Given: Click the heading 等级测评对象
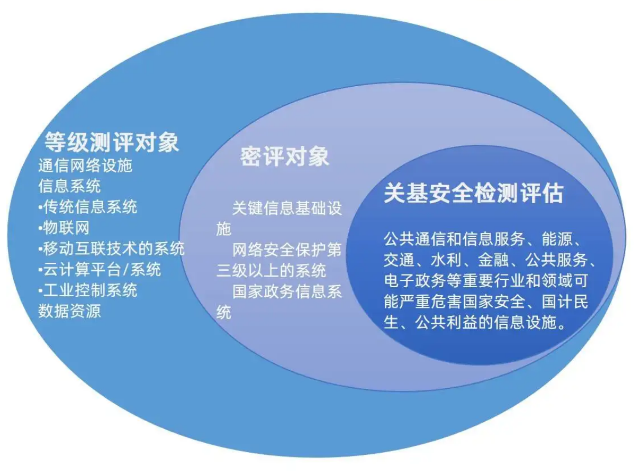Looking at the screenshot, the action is coord(112,142).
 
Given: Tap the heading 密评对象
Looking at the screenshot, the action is coord(284,157).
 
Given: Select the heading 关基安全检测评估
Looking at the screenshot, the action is coord(474,193).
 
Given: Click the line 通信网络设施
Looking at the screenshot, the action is coord(85,165).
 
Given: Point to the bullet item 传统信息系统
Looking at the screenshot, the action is coord(88,207).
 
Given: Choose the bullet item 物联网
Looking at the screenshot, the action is coord(64,227).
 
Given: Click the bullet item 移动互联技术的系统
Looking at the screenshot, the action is coord(111,249).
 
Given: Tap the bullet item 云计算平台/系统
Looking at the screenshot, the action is coord(100,269).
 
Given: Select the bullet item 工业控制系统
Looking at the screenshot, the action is coord(88,290).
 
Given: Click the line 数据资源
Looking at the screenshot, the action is coord(69,311).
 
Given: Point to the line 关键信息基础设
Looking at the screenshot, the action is coord(287,208).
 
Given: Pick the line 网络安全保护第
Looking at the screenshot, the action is coord(287,250).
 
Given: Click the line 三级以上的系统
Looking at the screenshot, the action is coord(271,270).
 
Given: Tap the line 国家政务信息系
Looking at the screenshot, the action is coord(287,291).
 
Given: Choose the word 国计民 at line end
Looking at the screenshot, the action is coord(565,301).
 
